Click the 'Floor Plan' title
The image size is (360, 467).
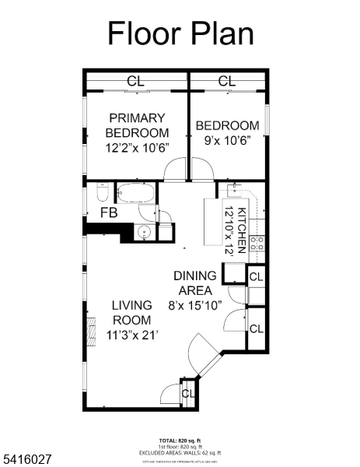coord(180,33)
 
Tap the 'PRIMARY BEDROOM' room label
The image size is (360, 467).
coord(136,125)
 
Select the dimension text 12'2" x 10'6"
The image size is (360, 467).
coord(137,147)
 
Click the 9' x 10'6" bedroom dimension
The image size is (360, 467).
coord(226,141)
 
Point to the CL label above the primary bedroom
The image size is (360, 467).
coord(135,80)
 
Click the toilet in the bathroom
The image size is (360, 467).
coord(100,191)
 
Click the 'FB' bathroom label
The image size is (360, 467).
coord(109,212)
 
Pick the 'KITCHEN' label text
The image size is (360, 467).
coord(242,230)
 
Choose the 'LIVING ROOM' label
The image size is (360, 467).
coord(131,312)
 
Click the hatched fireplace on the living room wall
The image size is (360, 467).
coord(90,325)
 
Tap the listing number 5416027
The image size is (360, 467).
coord(27,460)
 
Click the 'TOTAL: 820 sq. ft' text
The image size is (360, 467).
coord(180,440)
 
